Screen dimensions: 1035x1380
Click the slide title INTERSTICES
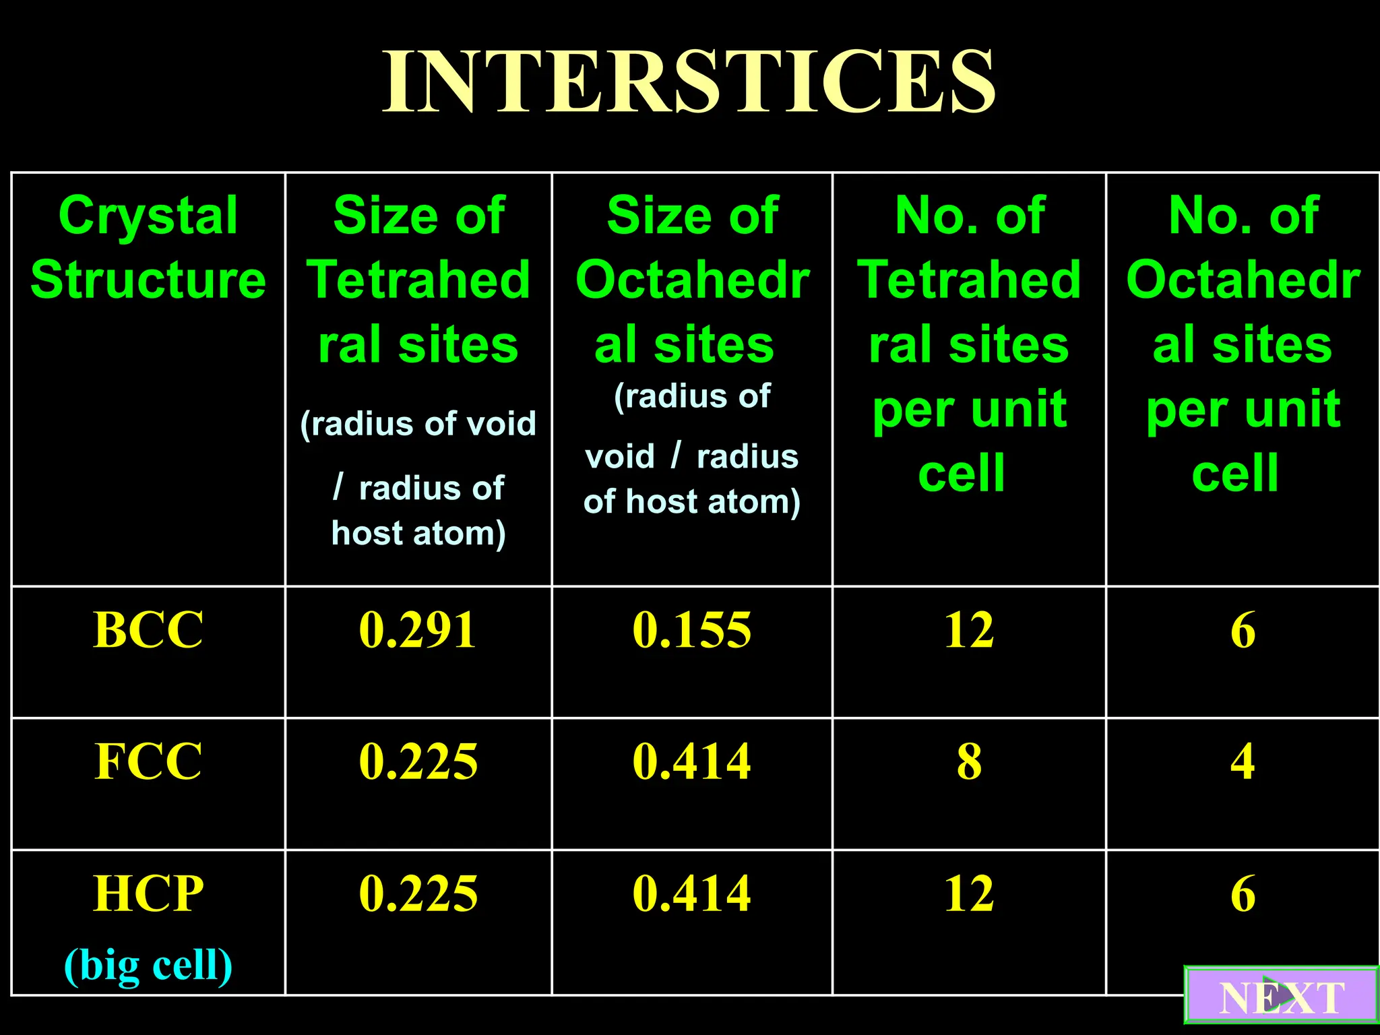pos(689,82)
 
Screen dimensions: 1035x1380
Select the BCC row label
pos(148,630)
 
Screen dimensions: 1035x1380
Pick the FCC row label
pos(148,761)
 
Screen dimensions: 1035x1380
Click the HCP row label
pos(148,893)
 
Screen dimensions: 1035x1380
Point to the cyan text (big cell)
pos(148,965)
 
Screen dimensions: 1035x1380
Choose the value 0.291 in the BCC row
pos(418,630)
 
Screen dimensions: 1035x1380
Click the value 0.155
pos(691,630)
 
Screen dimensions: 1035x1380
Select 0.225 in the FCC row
pos(418,761)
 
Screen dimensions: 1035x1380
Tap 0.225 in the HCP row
pos(418,893)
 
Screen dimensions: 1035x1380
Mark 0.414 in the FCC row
pos(691,761)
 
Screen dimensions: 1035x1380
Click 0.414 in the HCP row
pos(691,893)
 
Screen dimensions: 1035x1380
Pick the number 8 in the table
pos(969,761)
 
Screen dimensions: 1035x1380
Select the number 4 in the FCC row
pos(1243,761)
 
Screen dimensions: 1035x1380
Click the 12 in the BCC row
pos(969,630)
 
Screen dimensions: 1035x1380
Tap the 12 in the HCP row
pos(969,893)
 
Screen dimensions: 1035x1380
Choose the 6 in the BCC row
pos(1243,630)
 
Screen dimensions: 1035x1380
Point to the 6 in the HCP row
pos(1243,893)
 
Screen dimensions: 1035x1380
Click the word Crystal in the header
pos(148,216)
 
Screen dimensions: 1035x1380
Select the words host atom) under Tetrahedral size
pos(418,534)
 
